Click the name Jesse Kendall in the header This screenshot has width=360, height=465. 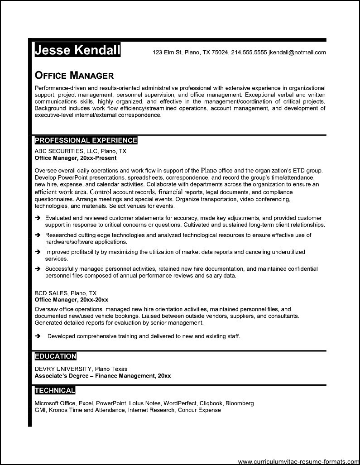tap(77, 50)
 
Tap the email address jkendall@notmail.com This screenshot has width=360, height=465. tap(297, 52)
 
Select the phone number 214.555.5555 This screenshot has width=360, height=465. tap(249, 52)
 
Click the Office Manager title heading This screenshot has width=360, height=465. tap(74, 75)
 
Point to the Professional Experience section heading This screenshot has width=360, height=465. tap(86, 140)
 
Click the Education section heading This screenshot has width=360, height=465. tap(56, 356)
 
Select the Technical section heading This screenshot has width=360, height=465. tap(55, 390)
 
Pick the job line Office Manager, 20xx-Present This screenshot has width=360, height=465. tap(76, 158)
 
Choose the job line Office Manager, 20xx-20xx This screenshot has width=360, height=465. tap(72, 300)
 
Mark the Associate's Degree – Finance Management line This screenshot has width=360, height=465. tap(103, 376)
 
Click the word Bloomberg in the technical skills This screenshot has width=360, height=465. tap(240, 403)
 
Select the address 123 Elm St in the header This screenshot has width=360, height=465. tap(167, 52)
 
